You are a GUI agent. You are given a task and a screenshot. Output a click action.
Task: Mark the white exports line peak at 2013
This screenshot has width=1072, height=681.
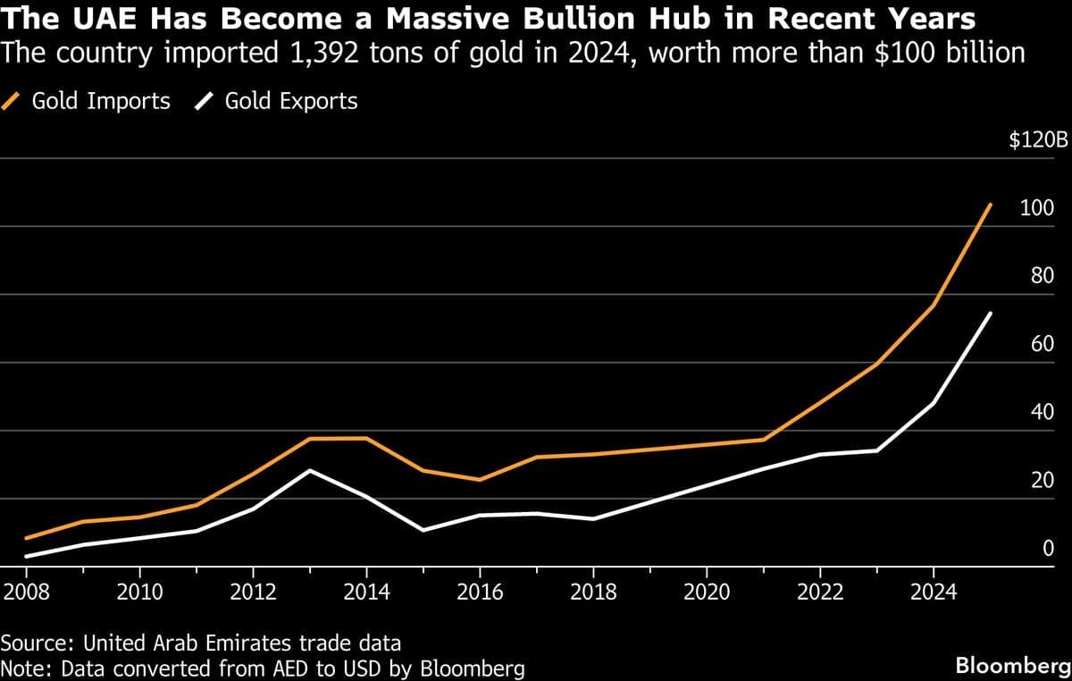point(310,470)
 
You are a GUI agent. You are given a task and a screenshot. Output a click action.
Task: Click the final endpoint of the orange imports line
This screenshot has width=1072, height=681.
point(991,204)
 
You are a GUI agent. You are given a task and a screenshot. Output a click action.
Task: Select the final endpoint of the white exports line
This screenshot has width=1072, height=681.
point(991,313)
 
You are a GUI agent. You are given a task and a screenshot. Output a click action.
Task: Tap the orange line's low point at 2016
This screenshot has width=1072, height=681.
point(480,480)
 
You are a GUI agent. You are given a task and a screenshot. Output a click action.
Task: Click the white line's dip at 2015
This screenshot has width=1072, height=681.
point(423,530)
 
